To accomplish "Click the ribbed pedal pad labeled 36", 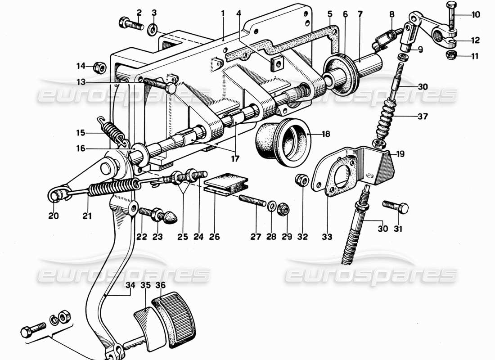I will pyautogui.click(x=175, y=314).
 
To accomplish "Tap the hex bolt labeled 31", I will pyautogui.click(x=396, y=207).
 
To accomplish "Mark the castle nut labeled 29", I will pyautogui.click(x=284, y=208).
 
